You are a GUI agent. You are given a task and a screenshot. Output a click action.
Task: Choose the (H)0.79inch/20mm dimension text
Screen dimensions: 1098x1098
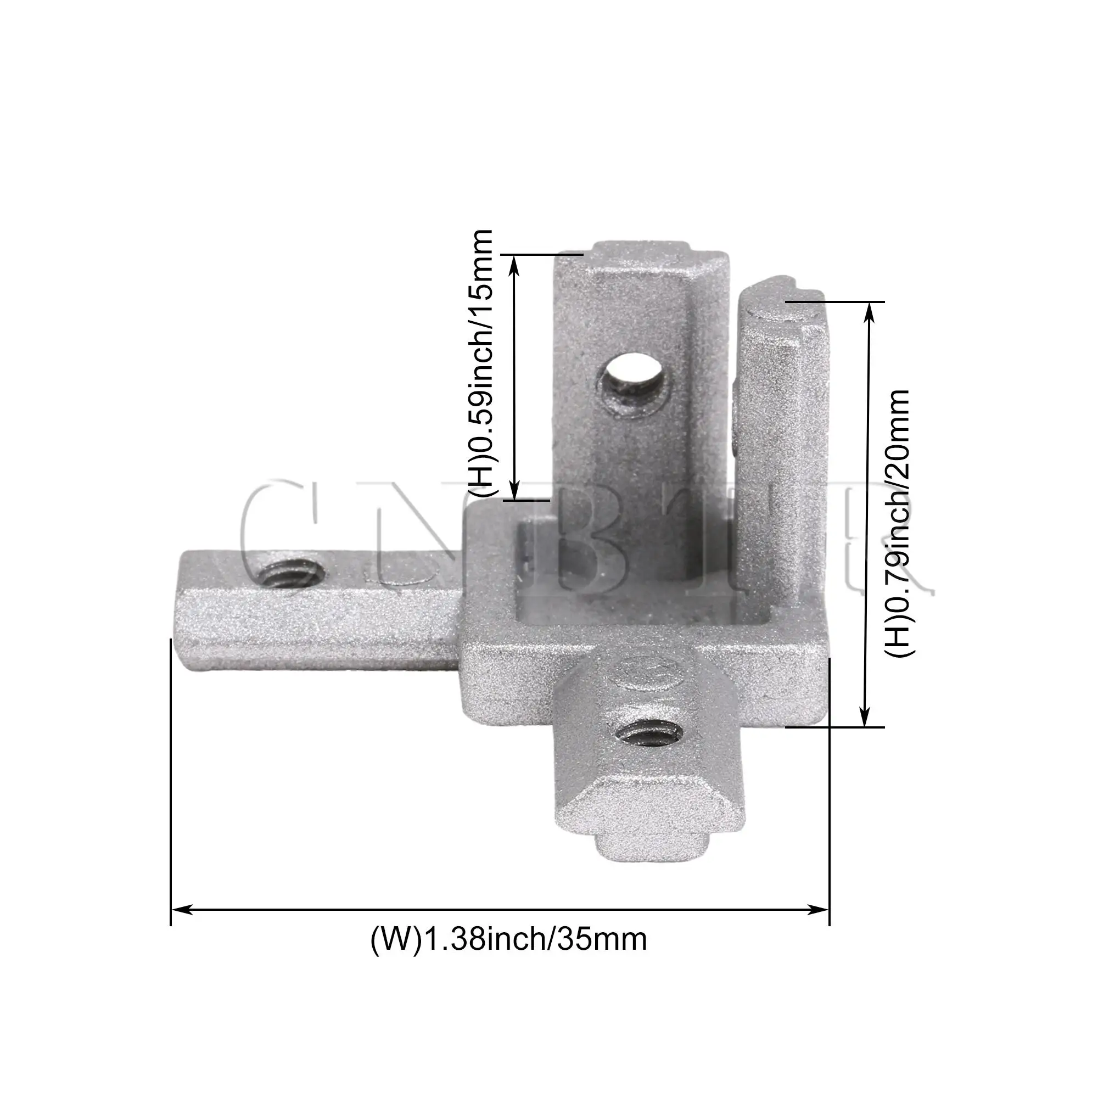899,523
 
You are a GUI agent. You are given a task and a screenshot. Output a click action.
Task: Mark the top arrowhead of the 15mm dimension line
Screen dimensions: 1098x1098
514,262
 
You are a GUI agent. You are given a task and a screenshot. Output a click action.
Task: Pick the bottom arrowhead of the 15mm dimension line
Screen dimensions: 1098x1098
514,492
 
